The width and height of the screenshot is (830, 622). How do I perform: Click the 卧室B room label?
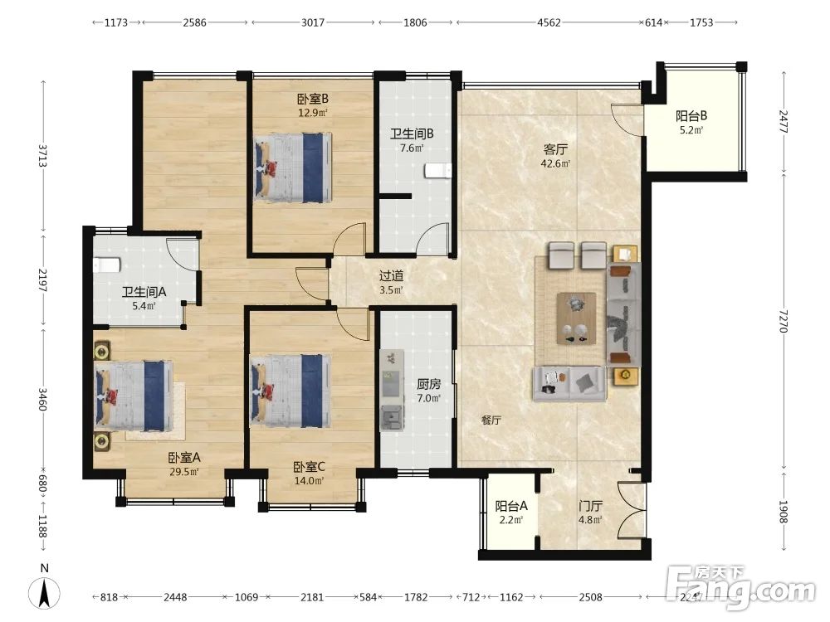(312, 99)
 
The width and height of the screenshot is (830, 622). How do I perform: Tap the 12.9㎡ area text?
(312, 113)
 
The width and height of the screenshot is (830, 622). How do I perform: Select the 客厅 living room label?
(555, 149)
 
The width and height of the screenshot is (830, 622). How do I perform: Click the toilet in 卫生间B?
(437, 172)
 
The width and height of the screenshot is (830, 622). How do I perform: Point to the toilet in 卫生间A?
(106, 265)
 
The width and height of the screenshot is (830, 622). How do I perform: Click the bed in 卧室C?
(291, 391)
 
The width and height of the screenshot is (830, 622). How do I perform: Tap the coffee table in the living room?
(576, 319)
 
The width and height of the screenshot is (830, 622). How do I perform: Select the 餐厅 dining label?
(491, 420)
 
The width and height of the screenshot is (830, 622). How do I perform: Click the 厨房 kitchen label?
(428, 385)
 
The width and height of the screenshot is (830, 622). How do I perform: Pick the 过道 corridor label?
(392, 276)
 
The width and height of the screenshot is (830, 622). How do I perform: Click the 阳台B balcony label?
(691, 116)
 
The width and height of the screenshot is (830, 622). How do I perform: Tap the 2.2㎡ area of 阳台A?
(510, 520)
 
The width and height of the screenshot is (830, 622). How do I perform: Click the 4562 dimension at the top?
(549, 22)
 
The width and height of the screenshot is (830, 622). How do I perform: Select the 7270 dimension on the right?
(784, 321)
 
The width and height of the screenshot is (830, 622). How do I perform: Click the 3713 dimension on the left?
(43, 155)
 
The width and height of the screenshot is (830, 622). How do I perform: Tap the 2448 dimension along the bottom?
(175, 597)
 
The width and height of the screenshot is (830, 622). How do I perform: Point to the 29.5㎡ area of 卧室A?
(183, 472)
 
